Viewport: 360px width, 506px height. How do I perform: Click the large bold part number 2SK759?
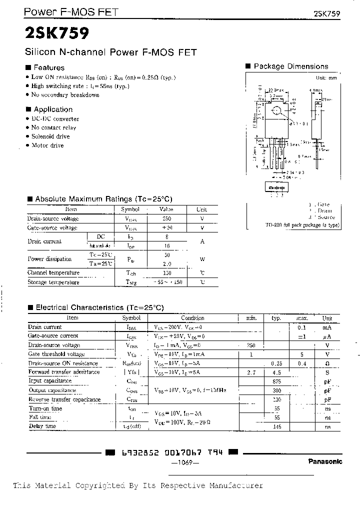[x=56, y=33]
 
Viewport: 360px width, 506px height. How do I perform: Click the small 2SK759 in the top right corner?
[x=327, y=13]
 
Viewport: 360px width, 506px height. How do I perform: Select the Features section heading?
[x=48, y=67]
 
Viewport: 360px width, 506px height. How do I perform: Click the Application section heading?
[x=52, y=109]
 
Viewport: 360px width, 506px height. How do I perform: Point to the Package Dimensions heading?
[x=290, y=66]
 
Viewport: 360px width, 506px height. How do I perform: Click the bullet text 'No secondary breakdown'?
[x=65, y=95]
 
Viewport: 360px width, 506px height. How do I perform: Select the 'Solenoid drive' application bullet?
[x=50, y=136]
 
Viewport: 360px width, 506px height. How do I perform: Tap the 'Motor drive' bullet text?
[x=47, y=145]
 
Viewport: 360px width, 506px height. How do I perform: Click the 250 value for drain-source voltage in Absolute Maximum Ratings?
[x=166, y=219]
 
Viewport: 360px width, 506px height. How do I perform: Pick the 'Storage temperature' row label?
[x=53, y=282]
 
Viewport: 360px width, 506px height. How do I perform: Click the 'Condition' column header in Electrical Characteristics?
[x=192, y=318]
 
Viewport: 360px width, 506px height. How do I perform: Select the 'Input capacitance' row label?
[x=50, y=381]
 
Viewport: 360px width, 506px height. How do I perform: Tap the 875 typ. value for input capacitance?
[x=276, y=381]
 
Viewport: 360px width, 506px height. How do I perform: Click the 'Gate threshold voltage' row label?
[x=56, y=354]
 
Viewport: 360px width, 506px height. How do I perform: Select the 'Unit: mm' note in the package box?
[x=326, y=78]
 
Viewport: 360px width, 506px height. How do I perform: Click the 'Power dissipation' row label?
[x=49, y=259]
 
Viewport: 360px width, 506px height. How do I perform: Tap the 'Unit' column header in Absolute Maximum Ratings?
[x=201, y=210]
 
